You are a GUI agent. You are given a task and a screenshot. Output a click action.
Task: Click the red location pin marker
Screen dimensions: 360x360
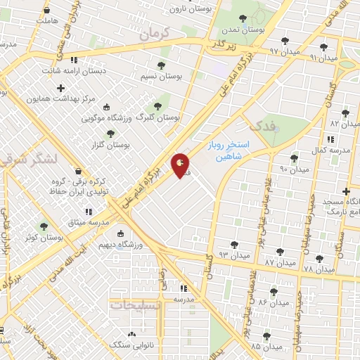coord(181,165)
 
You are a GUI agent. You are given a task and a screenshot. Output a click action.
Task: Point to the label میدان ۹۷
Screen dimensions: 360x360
coord(284,51)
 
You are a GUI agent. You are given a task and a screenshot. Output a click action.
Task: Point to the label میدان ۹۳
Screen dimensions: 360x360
coord(235,255)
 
